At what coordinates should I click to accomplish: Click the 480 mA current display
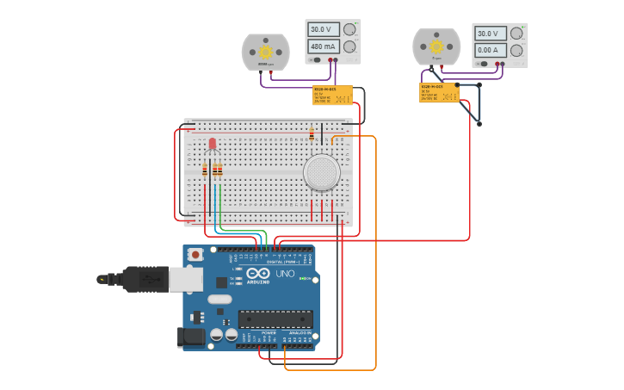(323, 46)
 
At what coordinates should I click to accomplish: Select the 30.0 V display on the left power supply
(323, 29)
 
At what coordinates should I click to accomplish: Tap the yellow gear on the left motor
(265, 50)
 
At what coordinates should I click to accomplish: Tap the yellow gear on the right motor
(436, 46)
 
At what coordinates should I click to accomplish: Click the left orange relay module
(332, 95)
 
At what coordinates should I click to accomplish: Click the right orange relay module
(439, 93)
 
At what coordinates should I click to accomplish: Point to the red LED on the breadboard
(213, 143)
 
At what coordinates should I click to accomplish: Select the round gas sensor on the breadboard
(321, 172)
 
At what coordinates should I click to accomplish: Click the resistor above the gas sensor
(312, 134)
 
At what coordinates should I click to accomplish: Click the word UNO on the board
(285, 274)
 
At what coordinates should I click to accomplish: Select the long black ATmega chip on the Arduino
(275, 319)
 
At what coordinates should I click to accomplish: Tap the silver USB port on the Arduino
(184, 278)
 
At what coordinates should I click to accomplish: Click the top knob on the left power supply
(349, 29)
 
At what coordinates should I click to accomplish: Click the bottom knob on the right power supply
(516, 51)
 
